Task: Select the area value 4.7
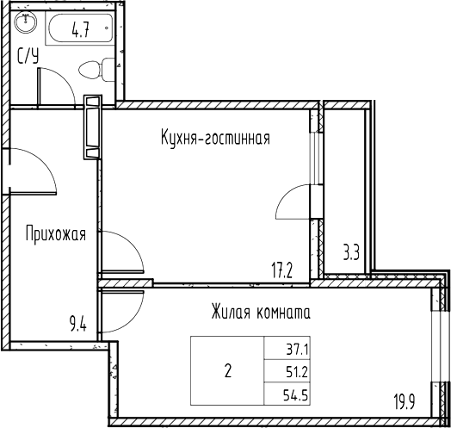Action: click(82, 31)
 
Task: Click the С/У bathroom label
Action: click(28, 58)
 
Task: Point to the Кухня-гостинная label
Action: click(215, 138)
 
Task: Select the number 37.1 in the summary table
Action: click(283, 349)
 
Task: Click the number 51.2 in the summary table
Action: click(283, 373)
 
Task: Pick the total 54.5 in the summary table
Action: click(283, 397)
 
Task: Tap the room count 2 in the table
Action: click(227, 373)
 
